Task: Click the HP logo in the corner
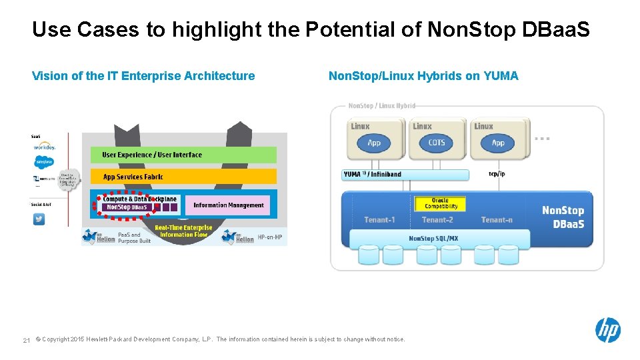607,330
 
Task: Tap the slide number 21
26,340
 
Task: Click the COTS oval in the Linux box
437,143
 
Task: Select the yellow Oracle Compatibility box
440,203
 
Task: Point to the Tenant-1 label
379,220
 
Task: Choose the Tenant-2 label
437,220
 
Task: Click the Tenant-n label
497,220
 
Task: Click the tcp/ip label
497,175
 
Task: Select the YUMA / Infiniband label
373,175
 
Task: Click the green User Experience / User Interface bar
183,155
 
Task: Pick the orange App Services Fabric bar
183,177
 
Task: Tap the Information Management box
229,205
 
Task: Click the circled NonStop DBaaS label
127,207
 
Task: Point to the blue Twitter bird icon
39,219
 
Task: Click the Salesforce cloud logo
43,161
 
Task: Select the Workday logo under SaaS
44,146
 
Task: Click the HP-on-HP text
269,237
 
